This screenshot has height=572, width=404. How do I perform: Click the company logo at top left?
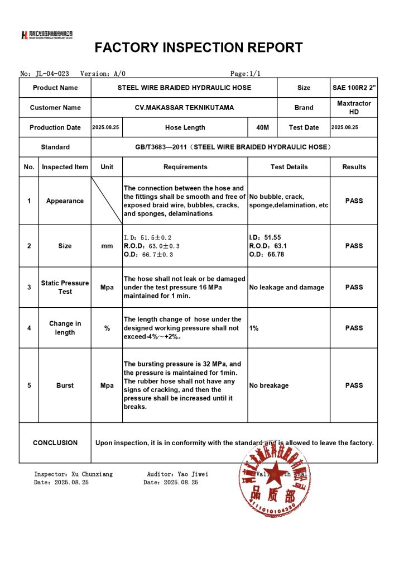(x=47, y=35)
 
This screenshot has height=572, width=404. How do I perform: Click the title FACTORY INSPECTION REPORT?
(x=199, y=47)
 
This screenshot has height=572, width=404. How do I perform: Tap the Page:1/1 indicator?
(x=246, y=74)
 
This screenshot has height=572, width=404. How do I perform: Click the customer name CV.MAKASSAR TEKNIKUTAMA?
(x=184, y=108)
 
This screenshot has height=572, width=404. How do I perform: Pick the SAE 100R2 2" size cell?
(x=354, y=88)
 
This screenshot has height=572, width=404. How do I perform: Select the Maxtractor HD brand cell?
(x=354, y=108)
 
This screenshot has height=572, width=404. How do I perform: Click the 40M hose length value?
(x=262, y=128)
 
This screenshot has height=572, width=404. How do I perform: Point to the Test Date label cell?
(x=304, y=128)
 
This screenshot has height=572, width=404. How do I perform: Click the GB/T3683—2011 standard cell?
(x=233, y=147)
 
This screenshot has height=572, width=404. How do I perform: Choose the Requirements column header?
(x=185, y=167)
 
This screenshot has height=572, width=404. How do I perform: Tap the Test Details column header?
(x=289, y=167)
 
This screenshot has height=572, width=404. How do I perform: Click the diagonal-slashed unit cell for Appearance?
(x=107, y=201)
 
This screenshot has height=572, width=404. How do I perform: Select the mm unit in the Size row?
(x=107, y=246)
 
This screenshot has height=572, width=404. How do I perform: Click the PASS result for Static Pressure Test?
(x=354, y=287)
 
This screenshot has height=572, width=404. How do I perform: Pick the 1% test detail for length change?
(x=254, y=328)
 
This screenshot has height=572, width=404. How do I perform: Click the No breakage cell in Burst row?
(x=269, y=385)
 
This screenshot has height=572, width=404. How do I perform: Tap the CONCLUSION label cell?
(x=55, y=443)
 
